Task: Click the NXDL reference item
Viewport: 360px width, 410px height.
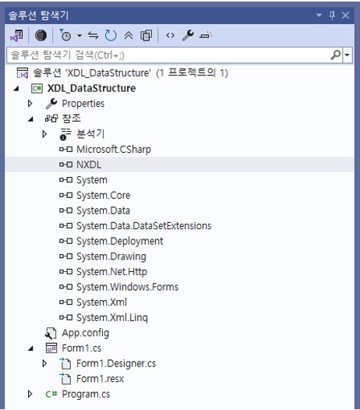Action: pos(89,164)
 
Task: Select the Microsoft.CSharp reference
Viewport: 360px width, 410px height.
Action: pos(114,150)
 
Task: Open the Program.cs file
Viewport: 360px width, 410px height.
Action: pos(86,394)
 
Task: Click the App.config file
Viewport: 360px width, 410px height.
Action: pos(85,333)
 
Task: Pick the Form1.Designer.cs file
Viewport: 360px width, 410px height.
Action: pos(116,363)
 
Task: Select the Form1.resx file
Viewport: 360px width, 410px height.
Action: pos(101,379)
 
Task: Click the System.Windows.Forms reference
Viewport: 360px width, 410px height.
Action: pos(127,287)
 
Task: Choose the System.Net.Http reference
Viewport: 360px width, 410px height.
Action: pos(111,272)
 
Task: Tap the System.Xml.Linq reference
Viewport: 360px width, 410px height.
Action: pos(112,317)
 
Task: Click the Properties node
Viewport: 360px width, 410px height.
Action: pos(83,104)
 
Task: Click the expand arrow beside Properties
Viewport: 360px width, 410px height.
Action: pos(30,104)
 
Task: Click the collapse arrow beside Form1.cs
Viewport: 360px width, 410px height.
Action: pos(31,348)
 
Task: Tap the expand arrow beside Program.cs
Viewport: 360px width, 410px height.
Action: pos(30,394)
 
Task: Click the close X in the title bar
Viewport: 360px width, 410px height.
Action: pos(345,15)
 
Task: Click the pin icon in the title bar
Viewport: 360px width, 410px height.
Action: pos(332,16)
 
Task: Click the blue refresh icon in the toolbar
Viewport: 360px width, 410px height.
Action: pos(111,35)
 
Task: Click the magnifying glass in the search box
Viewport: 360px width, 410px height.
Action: pos(336,55)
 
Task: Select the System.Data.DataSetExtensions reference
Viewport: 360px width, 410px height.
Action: pos(144,226)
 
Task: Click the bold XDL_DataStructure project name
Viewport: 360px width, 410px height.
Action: pos(91,88)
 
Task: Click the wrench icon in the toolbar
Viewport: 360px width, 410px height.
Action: pos(188,35)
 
